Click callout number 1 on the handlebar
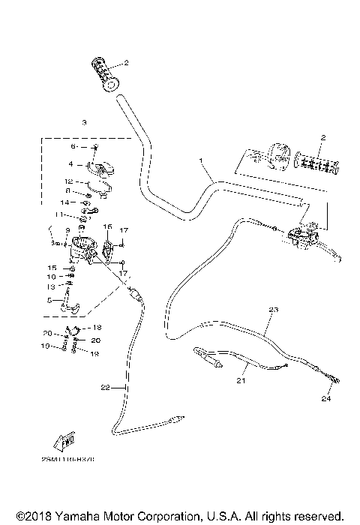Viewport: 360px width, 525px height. (x=200, y=161)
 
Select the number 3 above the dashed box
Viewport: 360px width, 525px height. (x=84, y=121)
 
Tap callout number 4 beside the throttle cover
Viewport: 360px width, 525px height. (x=70, y=163)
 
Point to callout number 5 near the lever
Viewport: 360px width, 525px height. (x=49, y=301)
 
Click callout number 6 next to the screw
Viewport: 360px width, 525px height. (x=73, y=147)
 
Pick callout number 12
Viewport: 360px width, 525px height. (x=67, y=181)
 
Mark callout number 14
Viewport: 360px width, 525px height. (x=65, y=202)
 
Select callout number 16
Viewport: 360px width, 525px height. (x=107, y=226)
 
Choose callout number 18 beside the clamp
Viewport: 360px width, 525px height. (x=97, y=328)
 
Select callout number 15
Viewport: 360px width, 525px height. (x=52, y=268)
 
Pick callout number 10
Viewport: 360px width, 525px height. (x=52, y=277)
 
